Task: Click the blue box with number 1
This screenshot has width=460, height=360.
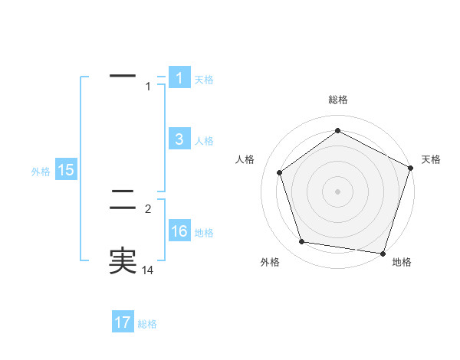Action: [x=179, y=78]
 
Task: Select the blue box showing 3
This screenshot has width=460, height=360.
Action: [x=179, y=139]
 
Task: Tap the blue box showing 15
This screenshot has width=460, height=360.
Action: [x=66, y=170]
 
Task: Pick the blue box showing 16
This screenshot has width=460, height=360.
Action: [x=179, y=231]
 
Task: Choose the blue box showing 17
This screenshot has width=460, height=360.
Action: [x=123, y=322]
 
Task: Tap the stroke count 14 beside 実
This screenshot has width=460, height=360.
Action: [x=148, y=270]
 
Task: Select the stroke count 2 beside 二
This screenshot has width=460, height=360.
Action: [x=148, y=208]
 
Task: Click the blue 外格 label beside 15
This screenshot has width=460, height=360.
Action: [x=41, y=172]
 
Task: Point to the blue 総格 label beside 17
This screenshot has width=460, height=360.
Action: [x=147, y=324]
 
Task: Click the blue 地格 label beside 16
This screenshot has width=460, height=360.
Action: [x=204, y=233]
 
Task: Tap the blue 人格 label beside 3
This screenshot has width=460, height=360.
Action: [x=204, y=140]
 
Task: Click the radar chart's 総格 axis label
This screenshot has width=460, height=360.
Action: [x=338, y=100]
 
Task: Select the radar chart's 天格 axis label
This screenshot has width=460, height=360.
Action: [x=432, y=159]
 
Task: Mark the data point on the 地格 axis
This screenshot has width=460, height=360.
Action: [x=383, y=253]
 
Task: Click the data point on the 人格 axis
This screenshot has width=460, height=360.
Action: [x=279, y=172]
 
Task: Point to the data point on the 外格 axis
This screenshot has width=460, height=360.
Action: [x=302, y=242]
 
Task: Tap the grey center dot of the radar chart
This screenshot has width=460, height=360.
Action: [x=338, y=191]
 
